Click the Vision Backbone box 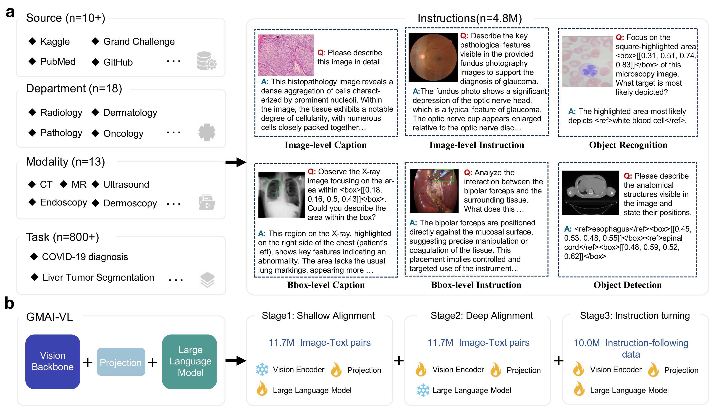click(x=52, y=362)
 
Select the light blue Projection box click(x=121, y=362)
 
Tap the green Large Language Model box click(x=190, y=362)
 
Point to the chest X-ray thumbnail click(x=281, y=195)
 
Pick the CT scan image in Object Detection click(x=590, y=193)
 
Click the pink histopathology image click(x=286, y=55)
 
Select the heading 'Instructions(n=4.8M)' click(x=470, y=18)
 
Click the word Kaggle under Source click(x=55, y=42)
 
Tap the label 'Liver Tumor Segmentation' click(x=98, y=277)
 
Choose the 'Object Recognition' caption click(x=628, y=145)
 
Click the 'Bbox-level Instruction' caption click(x=476, y=285)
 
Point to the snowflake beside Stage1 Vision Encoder click(x=262, y=369)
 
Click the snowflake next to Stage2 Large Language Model click(x=423, y=390)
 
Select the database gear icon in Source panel click(x=207, y=61)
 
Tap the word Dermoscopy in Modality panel click(x=130, y=203)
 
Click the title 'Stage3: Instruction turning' click(x=635, y=315)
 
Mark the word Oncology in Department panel click(x=123, y=133)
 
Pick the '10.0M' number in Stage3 click(x=587, y=343)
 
